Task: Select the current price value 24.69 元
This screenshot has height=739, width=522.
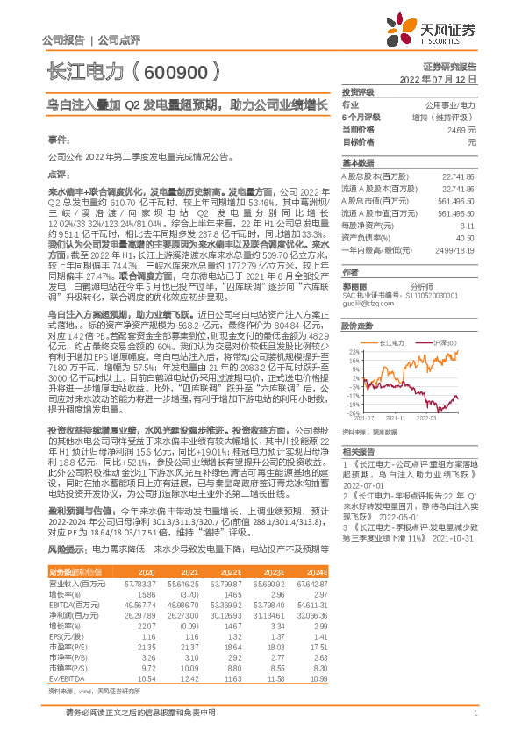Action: (x=461, y=129)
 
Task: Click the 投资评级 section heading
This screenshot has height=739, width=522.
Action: (x=358, y=91)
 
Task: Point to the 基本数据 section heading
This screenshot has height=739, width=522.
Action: (x=358, y=163)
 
